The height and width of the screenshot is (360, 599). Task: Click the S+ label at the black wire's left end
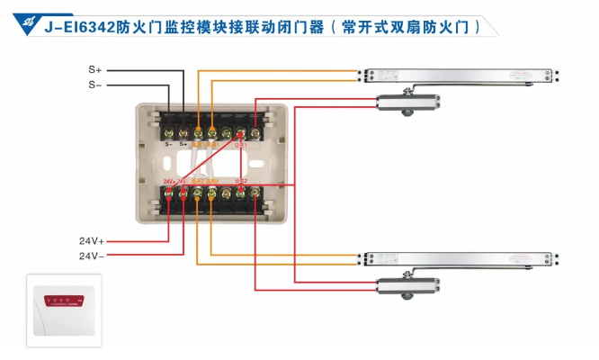pos(94,69)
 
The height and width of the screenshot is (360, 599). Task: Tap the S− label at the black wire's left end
pos(94,84)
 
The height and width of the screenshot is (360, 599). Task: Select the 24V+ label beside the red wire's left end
pos(92,240)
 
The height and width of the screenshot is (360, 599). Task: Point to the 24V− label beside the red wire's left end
pos(92,256)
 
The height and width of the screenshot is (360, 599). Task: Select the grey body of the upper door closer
pos(405,102)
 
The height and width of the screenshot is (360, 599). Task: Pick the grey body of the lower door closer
pos(405,286)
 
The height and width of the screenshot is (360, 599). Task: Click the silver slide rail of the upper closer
pos(459,75)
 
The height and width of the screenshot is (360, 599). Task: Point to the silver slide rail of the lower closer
pos(459,259)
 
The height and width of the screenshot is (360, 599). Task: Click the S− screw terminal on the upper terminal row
pos(169,133)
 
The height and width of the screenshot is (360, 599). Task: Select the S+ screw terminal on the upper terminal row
pos(183,133)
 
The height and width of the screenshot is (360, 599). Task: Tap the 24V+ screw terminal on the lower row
pos(169,193)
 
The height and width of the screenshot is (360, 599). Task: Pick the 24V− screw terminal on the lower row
pos(183,193)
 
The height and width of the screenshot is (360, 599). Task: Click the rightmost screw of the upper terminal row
pos(255,133)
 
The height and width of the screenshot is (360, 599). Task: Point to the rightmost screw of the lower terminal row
pos(255,193)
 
